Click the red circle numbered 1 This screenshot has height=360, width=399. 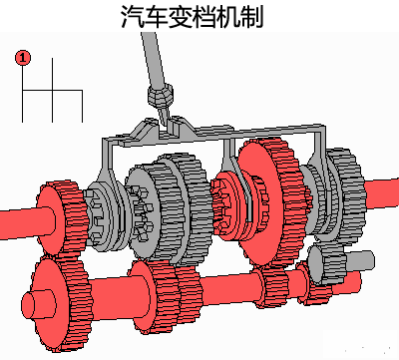(23, 58)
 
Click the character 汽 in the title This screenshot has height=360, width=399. (132, 16)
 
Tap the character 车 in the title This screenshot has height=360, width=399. (156, 16)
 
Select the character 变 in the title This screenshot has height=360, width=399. (180, 16)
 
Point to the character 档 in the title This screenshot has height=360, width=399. (203, 16)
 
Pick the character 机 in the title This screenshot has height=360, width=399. (227, 16)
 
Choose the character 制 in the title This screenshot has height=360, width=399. (251, 16)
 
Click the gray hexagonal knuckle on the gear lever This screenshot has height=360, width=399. (161, 95)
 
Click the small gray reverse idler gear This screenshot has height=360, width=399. (327, 263)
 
